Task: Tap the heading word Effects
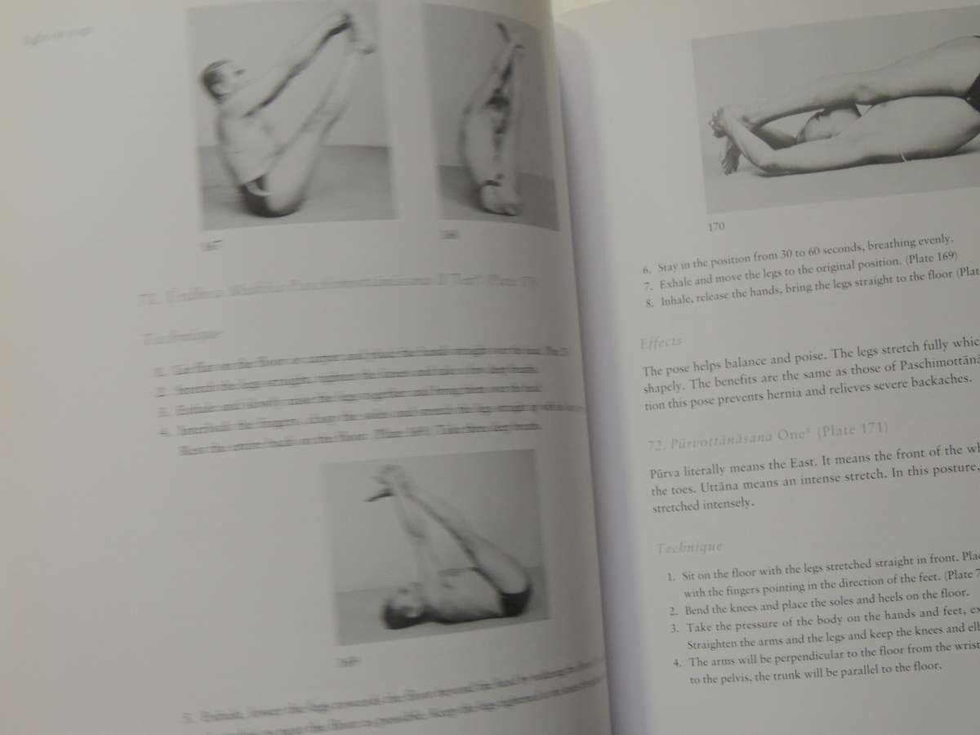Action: pyautogui.click(x=662, y=341)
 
